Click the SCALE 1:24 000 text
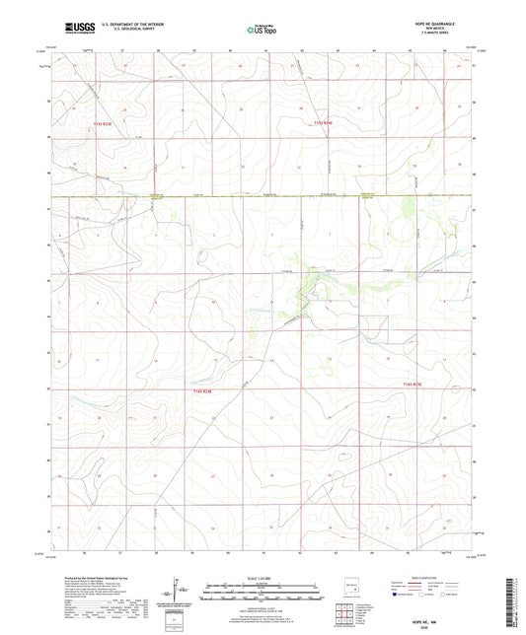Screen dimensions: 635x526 [x=263, y=577]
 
